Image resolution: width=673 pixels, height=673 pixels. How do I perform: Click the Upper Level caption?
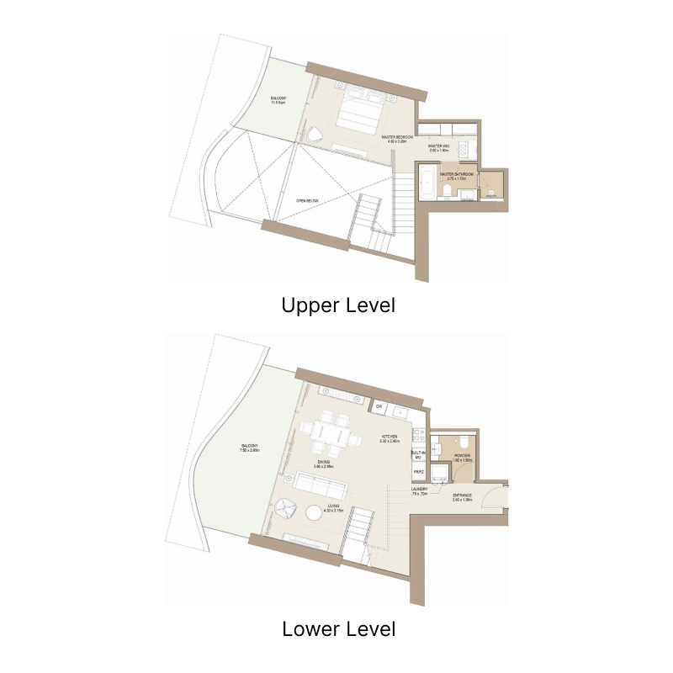point(338,305)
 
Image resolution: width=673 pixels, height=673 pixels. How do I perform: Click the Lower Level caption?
point(338,628)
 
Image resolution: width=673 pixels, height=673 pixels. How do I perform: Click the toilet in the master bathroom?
point(444,191)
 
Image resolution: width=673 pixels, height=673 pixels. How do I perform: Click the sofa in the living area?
point(320,486)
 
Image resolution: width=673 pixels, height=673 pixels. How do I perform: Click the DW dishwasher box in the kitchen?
point(379,407)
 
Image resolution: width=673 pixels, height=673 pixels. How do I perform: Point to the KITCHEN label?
point(389,438)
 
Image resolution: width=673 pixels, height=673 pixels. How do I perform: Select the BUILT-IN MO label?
point(417,455)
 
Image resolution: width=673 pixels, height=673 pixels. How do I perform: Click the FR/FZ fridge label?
point(417,473)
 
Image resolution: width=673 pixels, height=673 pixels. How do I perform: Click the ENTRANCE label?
point(464,497)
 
